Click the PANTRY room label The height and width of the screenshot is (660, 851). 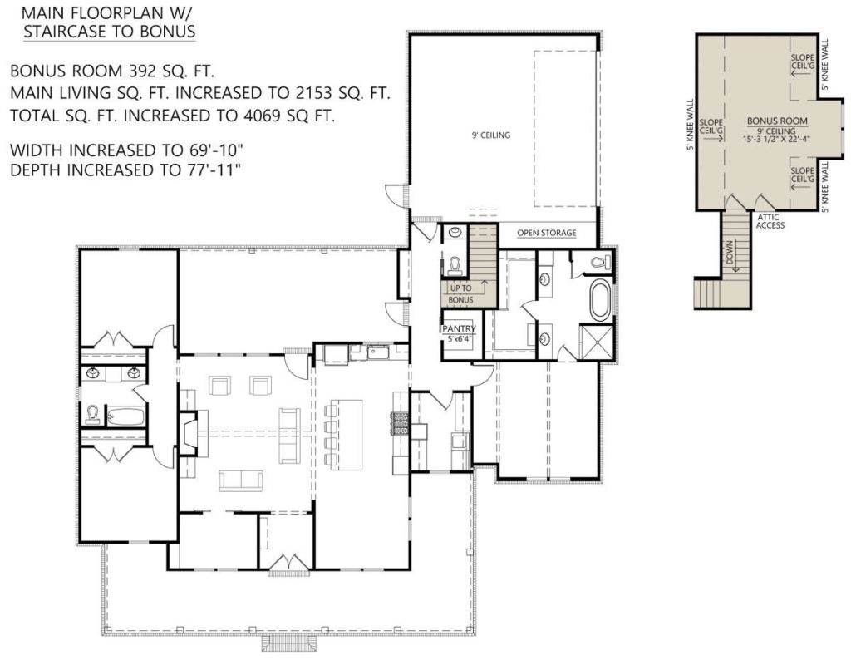459,329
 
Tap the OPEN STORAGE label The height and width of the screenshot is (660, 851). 547,233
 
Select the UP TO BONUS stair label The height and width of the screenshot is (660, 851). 460,293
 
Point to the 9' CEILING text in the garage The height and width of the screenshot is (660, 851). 491,135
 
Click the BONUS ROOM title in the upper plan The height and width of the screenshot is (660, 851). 777,121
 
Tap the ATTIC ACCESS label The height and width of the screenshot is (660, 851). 770,221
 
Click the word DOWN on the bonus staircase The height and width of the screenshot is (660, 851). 730,253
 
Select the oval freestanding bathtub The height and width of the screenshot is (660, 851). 600,299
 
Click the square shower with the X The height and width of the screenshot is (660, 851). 598,342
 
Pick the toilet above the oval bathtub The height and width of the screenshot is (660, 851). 599,263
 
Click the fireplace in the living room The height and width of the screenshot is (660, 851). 189,432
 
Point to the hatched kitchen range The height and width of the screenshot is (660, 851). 400,424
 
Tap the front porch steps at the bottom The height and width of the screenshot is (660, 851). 288,644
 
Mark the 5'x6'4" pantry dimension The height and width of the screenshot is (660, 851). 459,338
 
